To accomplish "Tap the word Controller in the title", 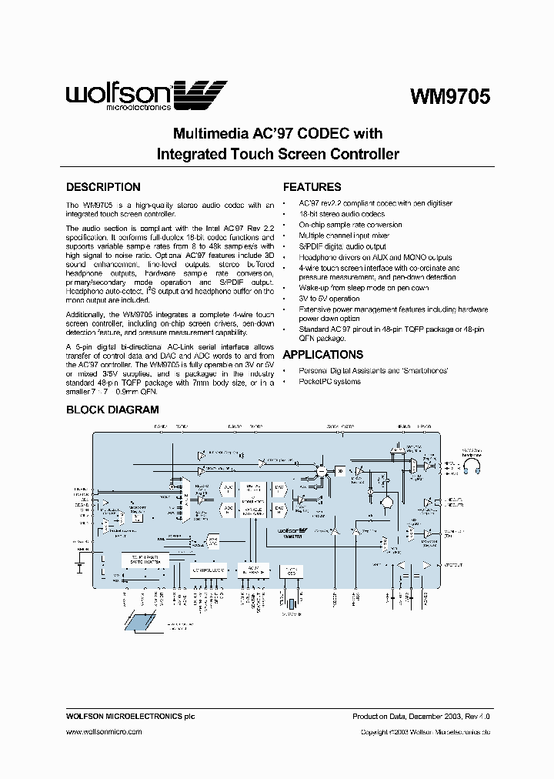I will pos(361,154).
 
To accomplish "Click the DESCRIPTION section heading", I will pos(103,187).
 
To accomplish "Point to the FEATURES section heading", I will pos(312,187).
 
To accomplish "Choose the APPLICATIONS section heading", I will pos(323,355).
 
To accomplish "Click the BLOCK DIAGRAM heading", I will pos(112,410).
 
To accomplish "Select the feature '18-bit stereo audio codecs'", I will pos(342,214).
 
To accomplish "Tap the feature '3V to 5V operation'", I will pos(329,299).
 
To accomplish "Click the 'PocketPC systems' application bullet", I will pos(329,382).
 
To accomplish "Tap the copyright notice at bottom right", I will pos(426,732).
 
